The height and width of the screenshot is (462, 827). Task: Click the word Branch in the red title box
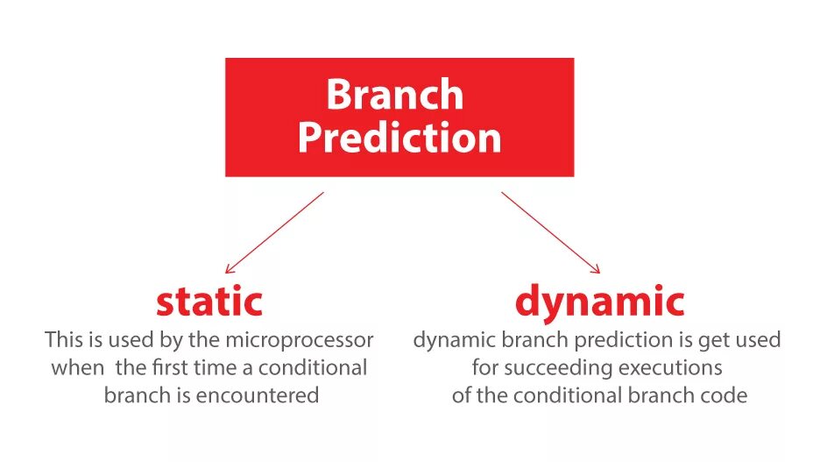(x=394, y=94)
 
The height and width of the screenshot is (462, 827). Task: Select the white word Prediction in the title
(x=399, y=138)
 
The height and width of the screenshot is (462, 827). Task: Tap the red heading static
(x=209, y=301)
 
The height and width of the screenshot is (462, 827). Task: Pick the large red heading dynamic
(x=600, y=302)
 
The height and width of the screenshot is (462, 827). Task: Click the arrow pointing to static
(x=274, y=232)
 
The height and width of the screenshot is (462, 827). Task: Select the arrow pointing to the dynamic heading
(x=551, y=232)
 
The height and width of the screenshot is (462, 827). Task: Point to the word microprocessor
(x=299, y=340)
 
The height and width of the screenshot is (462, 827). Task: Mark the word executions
(x=670, y=367)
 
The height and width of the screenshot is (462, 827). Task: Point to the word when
(x=77, y=367)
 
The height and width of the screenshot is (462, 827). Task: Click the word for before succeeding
(x=485, y=367)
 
